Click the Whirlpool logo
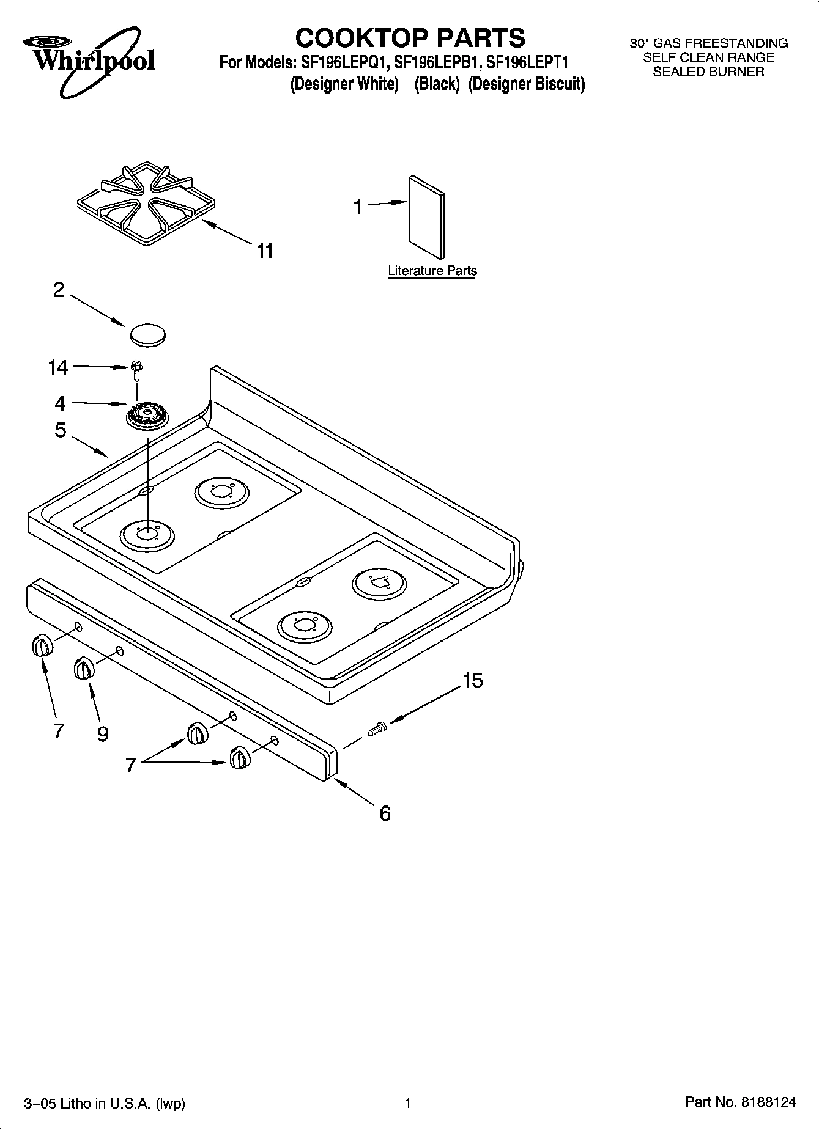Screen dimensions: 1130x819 point(89,60)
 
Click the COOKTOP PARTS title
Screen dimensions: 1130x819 point(410,38)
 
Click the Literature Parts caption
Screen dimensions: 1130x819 point(432,271)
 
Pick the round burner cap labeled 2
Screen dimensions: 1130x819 point(148,334)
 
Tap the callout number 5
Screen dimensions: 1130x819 point(60,430)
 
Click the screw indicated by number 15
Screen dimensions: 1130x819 point(377,728)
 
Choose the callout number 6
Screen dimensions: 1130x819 point(385,813)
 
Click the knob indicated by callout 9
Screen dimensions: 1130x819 point(84,668)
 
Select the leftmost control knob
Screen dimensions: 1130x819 point(41,645)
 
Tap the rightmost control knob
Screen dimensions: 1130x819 point(240,758)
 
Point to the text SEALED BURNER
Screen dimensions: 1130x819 point(708,72)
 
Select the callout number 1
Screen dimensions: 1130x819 point(358,208)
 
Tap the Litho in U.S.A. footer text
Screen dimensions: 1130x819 point(104,1103)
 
